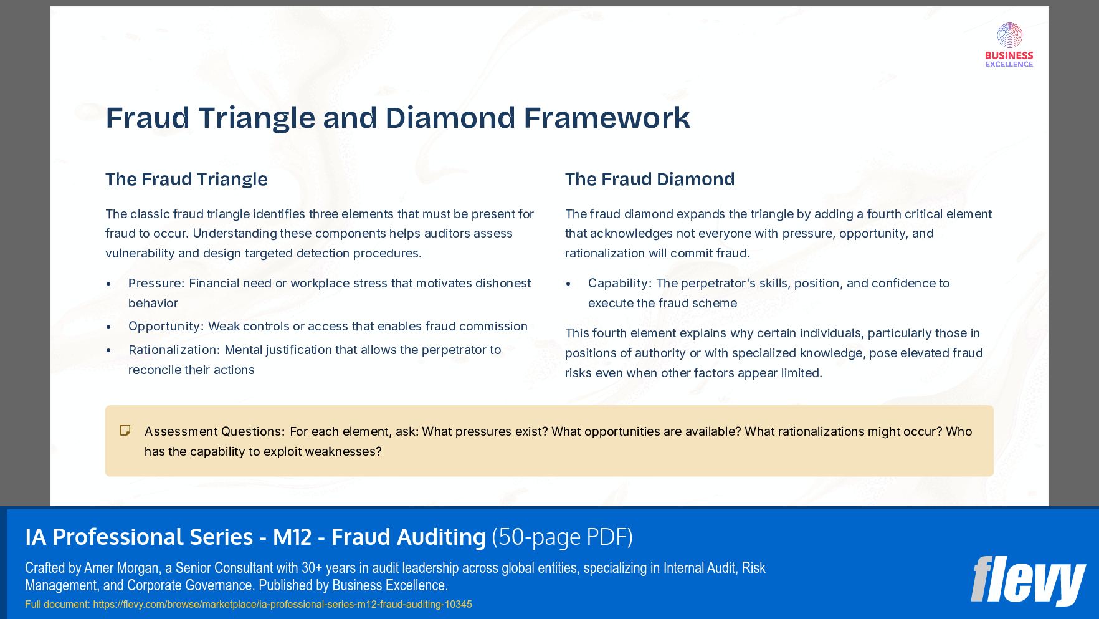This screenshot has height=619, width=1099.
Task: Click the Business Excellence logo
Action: click(1009, 45)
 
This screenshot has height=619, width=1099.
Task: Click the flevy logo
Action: click(1028, 580)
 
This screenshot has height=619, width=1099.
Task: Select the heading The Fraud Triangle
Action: click(186, 180)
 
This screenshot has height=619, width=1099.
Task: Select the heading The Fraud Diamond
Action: click(650, 180)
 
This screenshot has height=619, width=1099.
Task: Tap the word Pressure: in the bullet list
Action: click(156, 284)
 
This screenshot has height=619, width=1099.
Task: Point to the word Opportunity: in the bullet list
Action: click(166, 327)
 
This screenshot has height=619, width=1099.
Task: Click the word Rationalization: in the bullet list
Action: click(174, 350)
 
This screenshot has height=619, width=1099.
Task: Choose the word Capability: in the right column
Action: click(619, 284)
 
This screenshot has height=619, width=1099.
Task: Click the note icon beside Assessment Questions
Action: click(125, 431)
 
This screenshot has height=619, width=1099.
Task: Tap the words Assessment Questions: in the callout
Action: click(214, 432)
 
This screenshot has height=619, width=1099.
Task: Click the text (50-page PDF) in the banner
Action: click(562, 537)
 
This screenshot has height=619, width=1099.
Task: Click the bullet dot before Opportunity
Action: click(109, 327)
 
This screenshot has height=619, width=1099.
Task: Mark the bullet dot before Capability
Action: click(568, 284)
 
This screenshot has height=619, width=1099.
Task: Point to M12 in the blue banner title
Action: click(292, 537)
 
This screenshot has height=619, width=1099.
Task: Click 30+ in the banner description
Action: click(312, 568)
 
